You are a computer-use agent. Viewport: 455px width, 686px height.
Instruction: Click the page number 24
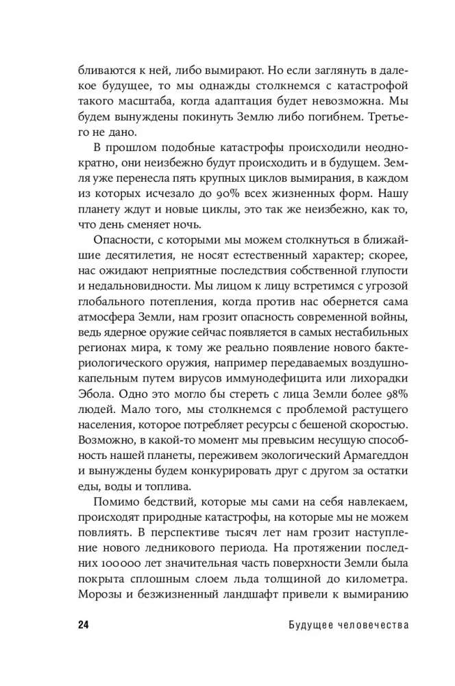[83, 625]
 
